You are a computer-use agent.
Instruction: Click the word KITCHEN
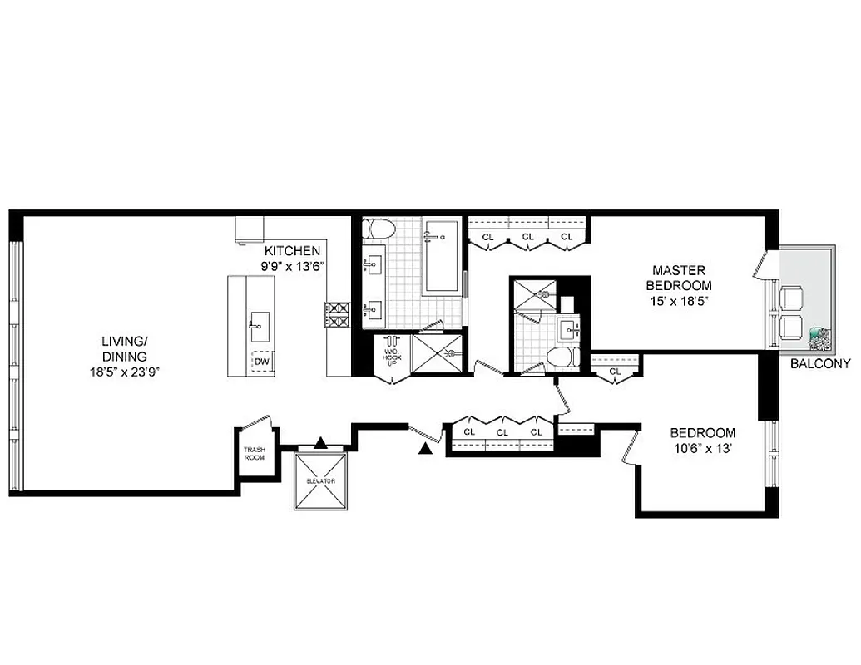[292, 250]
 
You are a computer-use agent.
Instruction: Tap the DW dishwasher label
[261, 362]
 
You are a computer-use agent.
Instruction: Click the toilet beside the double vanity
[380, 229]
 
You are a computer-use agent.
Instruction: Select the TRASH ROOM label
[254, 453]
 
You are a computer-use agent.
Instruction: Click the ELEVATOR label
[319, 481]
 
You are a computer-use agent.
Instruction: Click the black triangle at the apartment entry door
[426, 450]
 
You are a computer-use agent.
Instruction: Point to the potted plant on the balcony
[819, 338]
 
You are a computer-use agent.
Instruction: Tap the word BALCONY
[819, 363]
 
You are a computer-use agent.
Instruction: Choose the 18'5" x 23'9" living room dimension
[124, 372]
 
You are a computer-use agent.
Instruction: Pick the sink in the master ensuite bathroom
[572, 330]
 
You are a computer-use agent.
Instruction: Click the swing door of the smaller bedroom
[631, 447]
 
